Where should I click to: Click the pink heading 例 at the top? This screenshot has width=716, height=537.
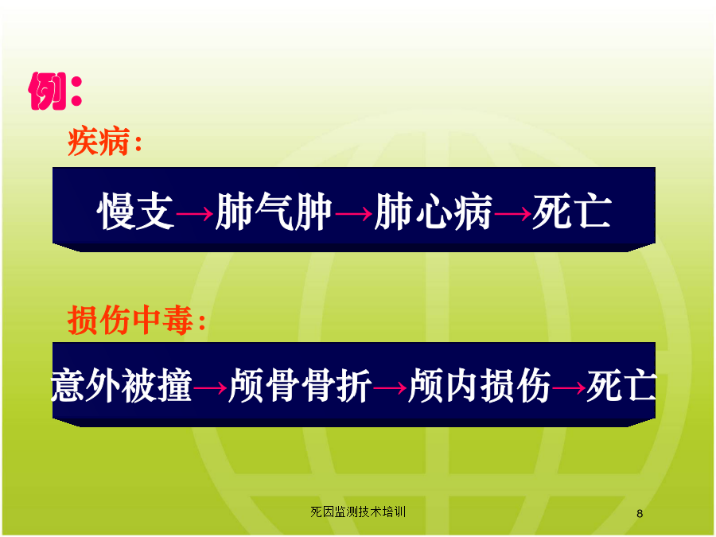[x=48, y=91]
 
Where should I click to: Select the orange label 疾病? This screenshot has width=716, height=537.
[x=99, y=142]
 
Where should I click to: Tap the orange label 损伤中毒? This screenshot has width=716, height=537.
[x=130, y=320]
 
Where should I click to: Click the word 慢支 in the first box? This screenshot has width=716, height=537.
[x=135, y=211]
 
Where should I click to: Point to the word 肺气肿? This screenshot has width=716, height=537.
[x=274, y=211]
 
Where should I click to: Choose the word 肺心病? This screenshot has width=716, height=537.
[x=433, y=211]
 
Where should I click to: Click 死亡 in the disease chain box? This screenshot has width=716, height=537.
[x=572, y=211]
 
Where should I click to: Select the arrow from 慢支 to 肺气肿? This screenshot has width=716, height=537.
[x=195, y=213]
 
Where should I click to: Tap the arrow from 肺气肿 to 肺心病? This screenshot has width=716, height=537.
[x=353, y=213]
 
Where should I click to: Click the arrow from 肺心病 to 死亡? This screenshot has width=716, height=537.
[x=512, y=213]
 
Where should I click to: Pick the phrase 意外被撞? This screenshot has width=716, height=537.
[x=121, y=385]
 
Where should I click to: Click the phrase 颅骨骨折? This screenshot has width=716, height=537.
[x=300, y=385]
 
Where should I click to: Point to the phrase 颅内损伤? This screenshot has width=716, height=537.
[x=479, y=385]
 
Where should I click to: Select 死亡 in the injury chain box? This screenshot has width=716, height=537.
[x=621, y=385]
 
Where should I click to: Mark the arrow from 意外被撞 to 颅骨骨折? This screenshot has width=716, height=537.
[x=210, y=388]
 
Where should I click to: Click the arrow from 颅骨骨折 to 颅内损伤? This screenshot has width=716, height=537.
[x=390, y=388]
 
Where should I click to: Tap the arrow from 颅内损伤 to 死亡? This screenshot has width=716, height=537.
[x=569, y=388]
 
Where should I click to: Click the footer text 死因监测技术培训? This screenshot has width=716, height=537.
[x=358, y=512]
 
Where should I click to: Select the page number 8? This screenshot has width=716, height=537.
[x=640, y=514]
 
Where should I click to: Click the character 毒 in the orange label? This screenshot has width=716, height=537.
[x=178, y=320]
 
